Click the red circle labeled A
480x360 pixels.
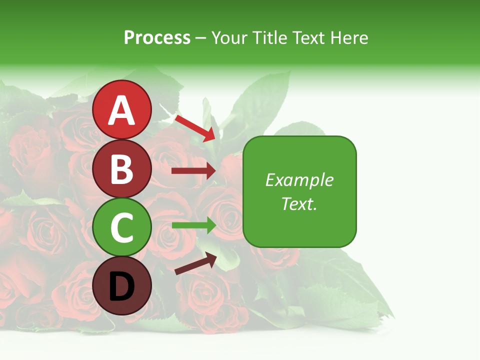point(121,109)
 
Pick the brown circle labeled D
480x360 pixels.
point(121,285)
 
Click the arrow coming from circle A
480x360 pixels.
point(195,128)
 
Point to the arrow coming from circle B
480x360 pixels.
point(193,171)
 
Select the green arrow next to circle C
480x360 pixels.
point(193,225)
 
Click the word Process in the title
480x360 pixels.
point(157,37)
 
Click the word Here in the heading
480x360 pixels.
point(349,37)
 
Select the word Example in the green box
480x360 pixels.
point(299,180)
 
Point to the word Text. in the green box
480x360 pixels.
point(299,203)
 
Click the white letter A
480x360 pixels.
point(121,110)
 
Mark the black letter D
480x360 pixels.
point(121,286)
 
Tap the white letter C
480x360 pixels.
point(121,227)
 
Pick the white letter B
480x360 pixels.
point(121,168)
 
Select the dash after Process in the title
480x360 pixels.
point(201,38)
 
